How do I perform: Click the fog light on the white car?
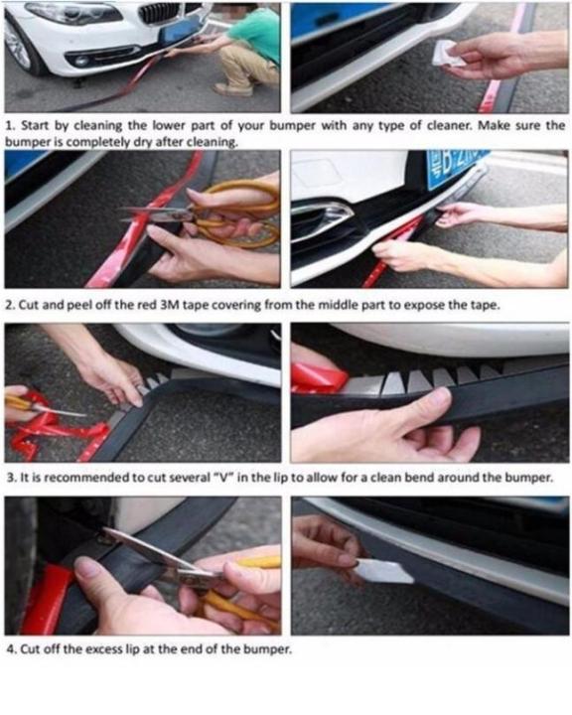point(82,61)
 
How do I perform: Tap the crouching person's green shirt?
point(259,34)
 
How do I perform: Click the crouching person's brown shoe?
point(233,89)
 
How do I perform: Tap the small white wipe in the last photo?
point(384,571)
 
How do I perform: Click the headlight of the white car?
point(75,13)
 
